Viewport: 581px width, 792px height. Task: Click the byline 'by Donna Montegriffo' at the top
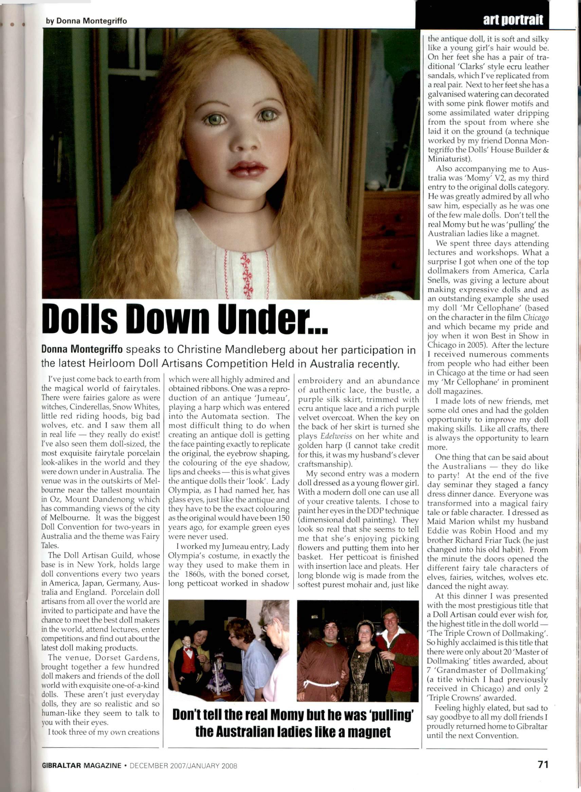click(86, 21)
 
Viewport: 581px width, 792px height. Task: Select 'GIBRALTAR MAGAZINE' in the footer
click(81, 765)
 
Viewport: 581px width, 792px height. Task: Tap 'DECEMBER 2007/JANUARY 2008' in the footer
click(183, 765)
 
